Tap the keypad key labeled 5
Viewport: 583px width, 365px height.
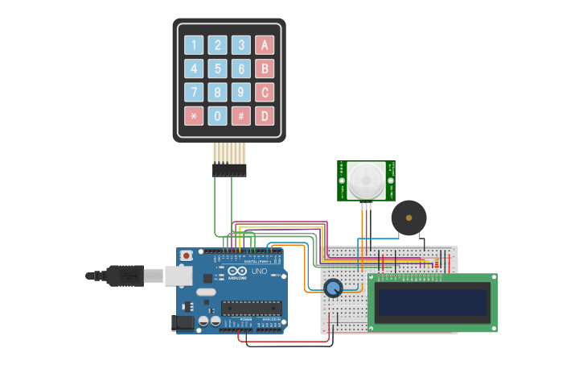click(217, 68)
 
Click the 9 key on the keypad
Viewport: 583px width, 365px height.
click(241, 92)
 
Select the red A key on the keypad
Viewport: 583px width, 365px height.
click(265, 45)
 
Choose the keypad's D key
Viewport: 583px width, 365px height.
click(265, 116)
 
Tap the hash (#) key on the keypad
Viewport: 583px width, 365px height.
click(241, 116)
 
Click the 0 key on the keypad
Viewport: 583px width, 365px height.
click(217, 116)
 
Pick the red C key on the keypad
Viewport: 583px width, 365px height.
click(265, 92)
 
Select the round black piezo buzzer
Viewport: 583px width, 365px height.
click(409, 218)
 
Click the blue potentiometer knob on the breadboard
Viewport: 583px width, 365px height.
click(332, 287)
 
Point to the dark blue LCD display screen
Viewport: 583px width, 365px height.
click(433, 303)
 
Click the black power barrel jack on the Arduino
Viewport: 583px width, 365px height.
click(183, 323)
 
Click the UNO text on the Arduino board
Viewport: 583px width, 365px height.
click(259, 272)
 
